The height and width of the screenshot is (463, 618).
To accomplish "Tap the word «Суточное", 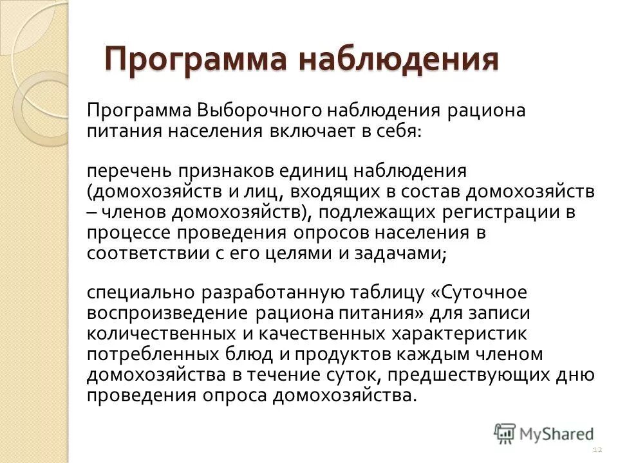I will click(479, 293).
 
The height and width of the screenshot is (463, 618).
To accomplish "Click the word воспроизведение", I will click(167, 314).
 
